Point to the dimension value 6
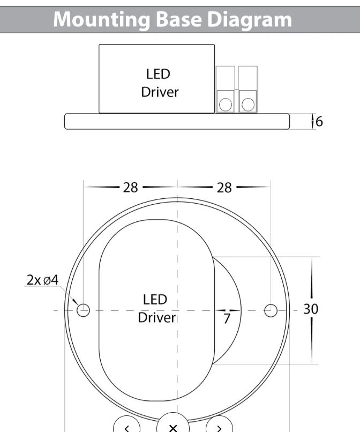pos(319,122)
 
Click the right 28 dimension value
pos(224,188)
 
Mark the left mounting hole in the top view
pos(84,310)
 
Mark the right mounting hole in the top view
pos(271,310)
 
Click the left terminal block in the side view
pos(225,90)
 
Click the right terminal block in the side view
pos(247,90)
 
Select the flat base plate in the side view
pos(177,121)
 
